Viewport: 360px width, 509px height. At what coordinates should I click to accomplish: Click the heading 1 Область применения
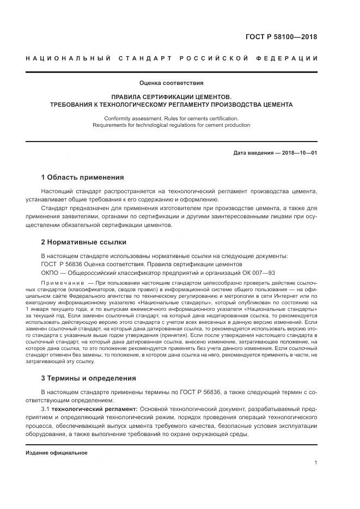click(82, 177)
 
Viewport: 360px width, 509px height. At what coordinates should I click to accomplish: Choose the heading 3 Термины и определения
click(89, 378)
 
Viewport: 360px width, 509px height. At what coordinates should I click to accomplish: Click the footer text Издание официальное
click(57, 452)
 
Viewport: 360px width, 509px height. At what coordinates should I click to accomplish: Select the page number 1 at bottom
click(315, 463)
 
